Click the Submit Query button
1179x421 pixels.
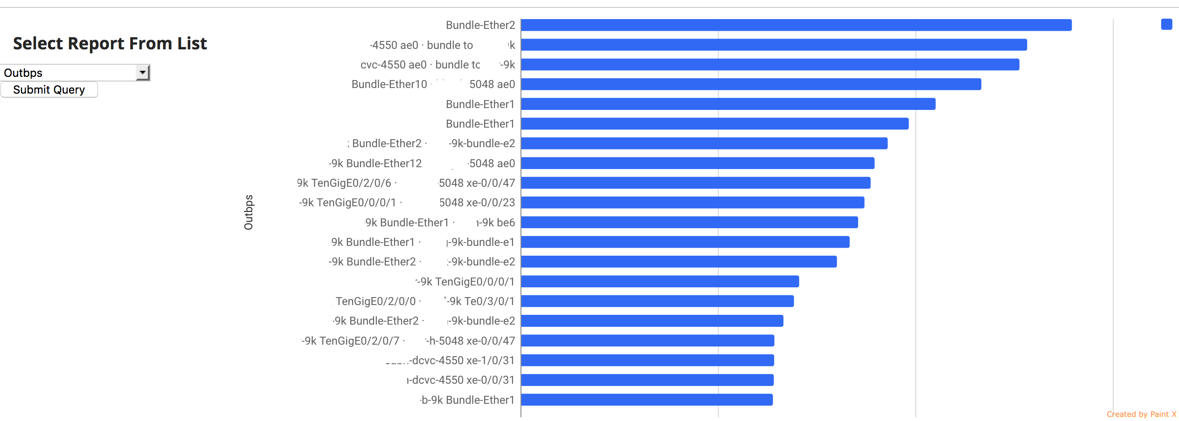click(x=49, y=89)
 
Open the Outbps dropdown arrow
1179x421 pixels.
click(x=143, y=73)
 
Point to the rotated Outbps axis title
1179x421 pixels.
click(x=249, y=212)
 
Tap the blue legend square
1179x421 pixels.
click(x=1166, y=24)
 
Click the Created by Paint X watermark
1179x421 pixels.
click(x=1141, y=414)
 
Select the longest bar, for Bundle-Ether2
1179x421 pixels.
click(x=796, y=25)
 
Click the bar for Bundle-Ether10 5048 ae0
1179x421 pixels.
click(x=751, y=84)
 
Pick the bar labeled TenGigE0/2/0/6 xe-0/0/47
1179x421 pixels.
click(x=695, y=183)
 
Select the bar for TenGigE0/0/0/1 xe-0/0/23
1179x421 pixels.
click(x=693, y=203)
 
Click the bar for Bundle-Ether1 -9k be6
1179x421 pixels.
click(x=689, y=223)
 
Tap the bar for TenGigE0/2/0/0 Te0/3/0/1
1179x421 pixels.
click(x=657, y=301)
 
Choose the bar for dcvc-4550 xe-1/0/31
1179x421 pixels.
click(x=647, y=360)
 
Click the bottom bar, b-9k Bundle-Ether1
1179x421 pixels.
click(x=647, y=400)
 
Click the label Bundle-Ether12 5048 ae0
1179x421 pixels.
click(x=422, y=163)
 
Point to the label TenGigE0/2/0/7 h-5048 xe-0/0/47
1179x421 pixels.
click(x=408, y=341)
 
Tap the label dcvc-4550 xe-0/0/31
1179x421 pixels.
click(x=461, y=380)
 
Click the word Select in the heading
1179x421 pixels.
click(x=38, y=43)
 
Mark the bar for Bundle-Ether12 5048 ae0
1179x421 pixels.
click(x=697, y=163)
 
